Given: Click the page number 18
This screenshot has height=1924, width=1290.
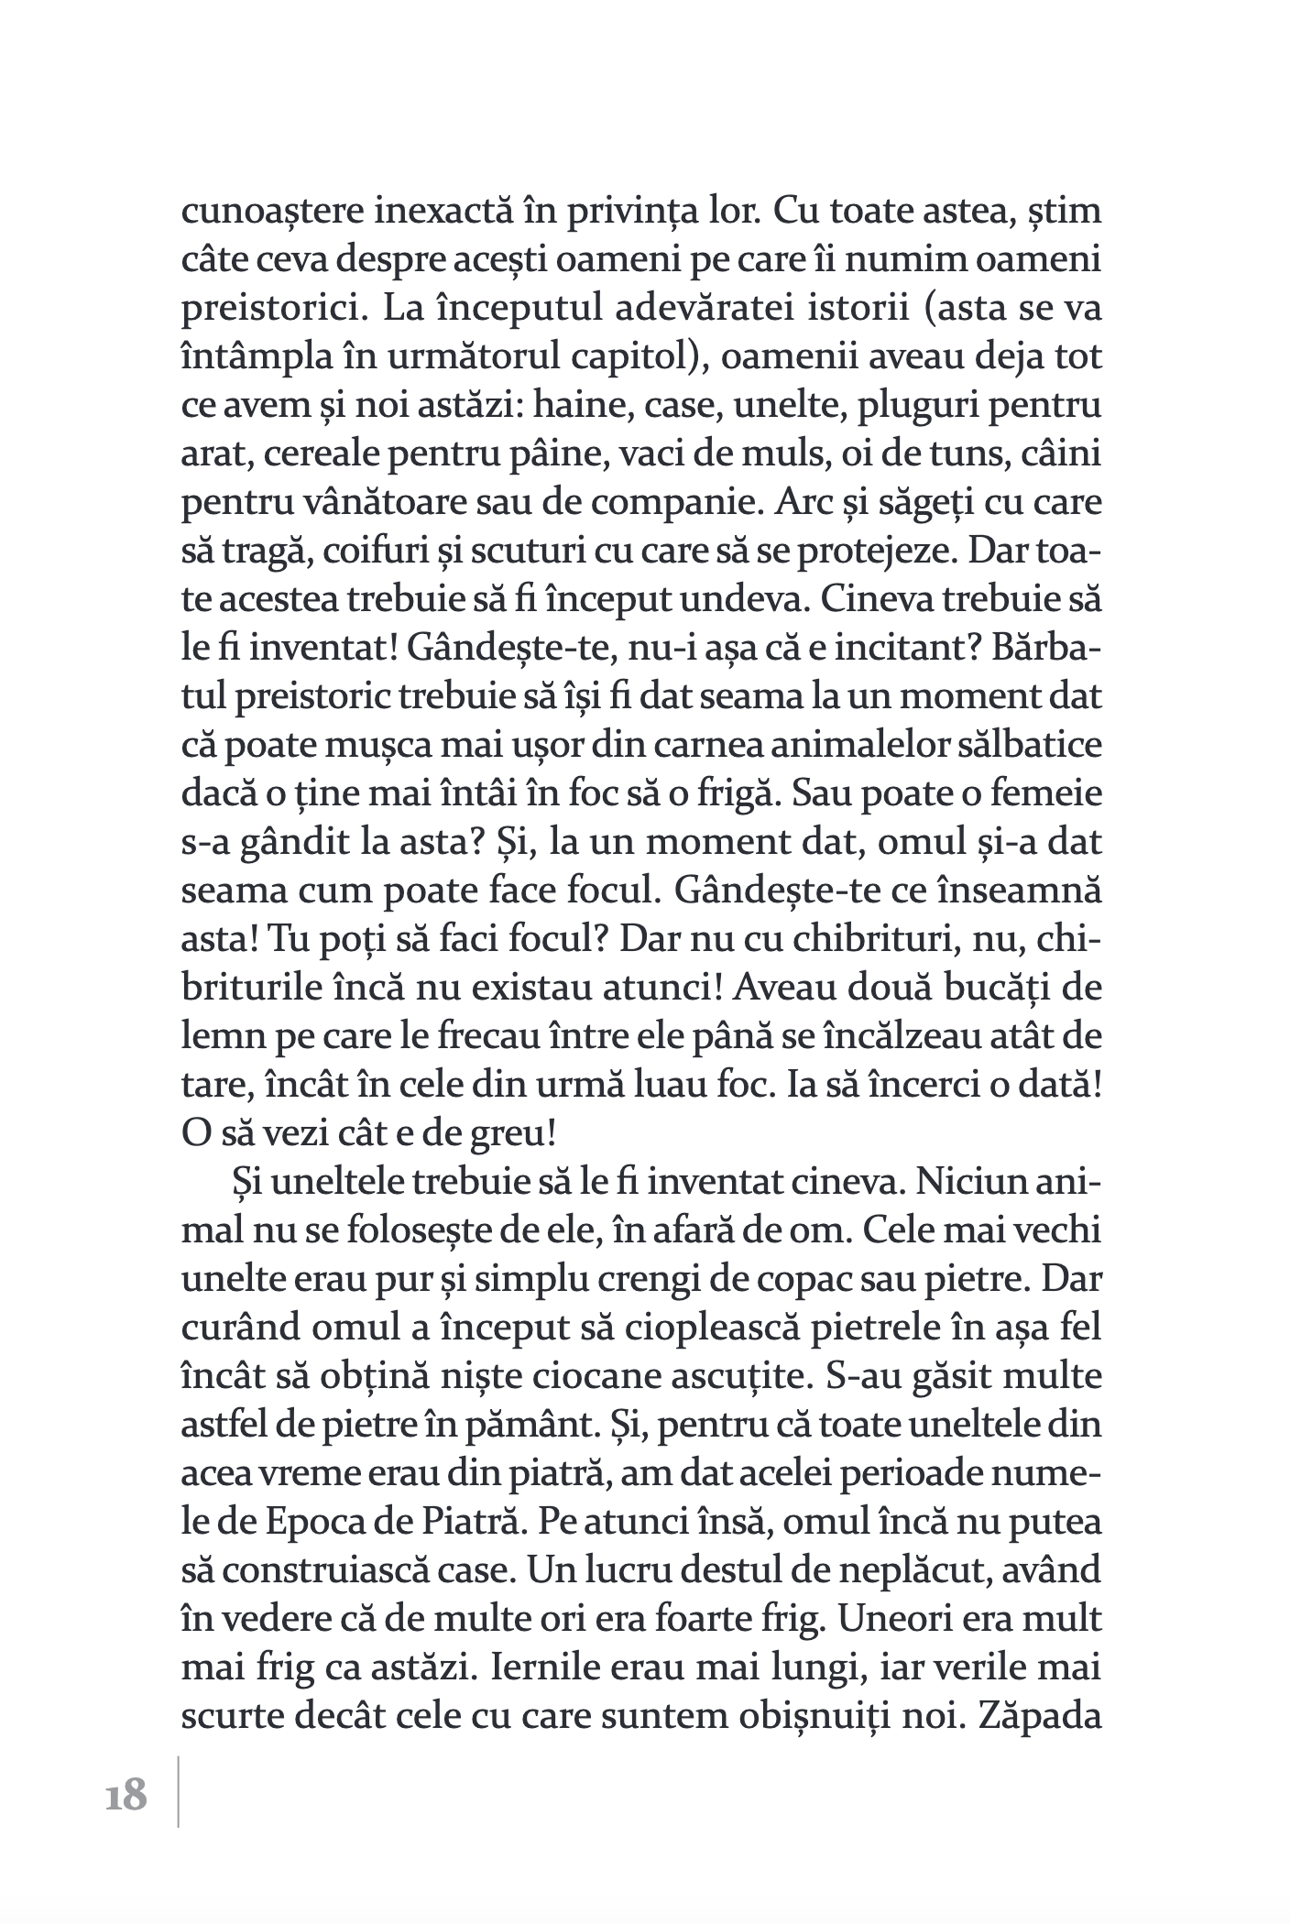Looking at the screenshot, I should click(126, 1795).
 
